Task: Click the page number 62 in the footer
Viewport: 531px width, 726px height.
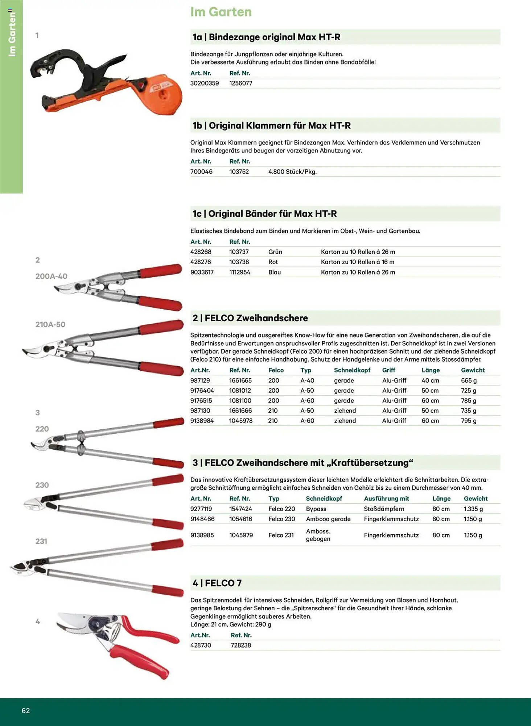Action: (x=25, y=711)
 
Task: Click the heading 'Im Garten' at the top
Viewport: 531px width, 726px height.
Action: (x=221, y=12)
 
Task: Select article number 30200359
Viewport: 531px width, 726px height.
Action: (x=205, y=83)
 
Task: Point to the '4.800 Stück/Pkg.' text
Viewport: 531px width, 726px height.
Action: (x=292, y=172)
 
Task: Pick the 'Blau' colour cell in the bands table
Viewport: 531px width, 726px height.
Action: (x=275, y=272)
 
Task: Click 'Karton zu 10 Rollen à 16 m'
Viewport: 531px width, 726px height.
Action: (x=358, y=262)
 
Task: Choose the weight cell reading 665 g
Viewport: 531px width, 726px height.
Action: (x=469, y=380)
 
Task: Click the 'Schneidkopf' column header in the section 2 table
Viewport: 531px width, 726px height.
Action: (x=352, y=370)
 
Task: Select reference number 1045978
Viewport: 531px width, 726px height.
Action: (x=241, y=421)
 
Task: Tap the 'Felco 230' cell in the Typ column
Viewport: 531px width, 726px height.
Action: (x=282, y=519)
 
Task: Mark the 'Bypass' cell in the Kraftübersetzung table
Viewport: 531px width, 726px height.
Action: (x=316, y=509)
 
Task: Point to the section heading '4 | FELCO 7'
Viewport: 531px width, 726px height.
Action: (x=217, y=583)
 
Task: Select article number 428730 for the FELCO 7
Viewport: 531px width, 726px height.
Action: (x=201, y=645)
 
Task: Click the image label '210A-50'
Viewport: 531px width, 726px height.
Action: (x=50, y=325)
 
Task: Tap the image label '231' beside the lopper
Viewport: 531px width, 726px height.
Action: (x=41, y=541)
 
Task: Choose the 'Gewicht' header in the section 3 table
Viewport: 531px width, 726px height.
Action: (x=476, y=499)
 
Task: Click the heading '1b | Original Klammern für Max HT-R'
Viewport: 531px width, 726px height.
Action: (x=272, y=126)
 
